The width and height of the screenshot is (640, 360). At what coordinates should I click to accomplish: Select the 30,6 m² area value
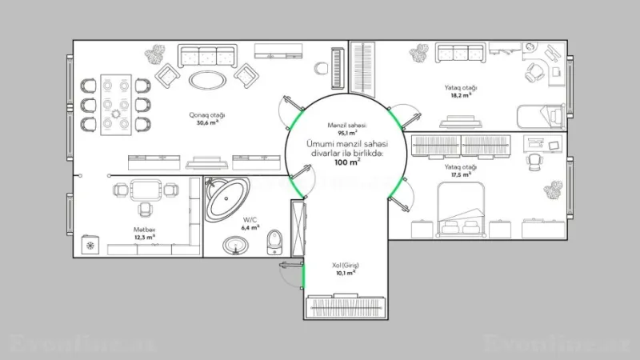coord(207,122)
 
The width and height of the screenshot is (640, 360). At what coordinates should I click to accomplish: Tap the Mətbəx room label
coord(144,229)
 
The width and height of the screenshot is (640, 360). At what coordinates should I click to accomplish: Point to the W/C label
coord(250,218)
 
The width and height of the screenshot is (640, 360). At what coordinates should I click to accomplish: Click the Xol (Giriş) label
coord(346,264)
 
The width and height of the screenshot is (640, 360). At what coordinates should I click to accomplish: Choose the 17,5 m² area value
coord(460,174)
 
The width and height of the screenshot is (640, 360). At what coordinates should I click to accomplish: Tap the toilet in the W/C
coord(274,239)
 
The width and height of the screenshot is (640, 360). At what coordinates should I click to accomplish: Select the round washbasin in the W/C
coord(234,244)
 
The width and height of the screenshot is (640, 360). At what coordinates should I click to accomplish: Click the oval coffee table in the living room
coord(206,78)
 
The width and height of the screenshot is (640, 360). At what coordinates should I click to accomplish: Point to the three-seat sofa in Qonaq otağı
coord(206,55)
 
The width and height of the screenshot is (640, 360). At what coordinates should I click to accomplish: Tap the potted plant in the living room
coord(154,55)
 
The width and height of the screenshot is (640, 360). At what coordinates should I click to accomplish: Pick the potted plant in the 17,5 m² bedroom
coord(553,191)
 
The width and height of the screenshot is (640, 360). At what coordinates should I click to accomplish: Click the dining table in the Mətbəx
coord(145,190)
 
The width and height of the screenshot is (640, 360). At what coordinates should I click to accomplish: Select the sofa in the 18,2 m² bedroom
coord(459,54)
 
